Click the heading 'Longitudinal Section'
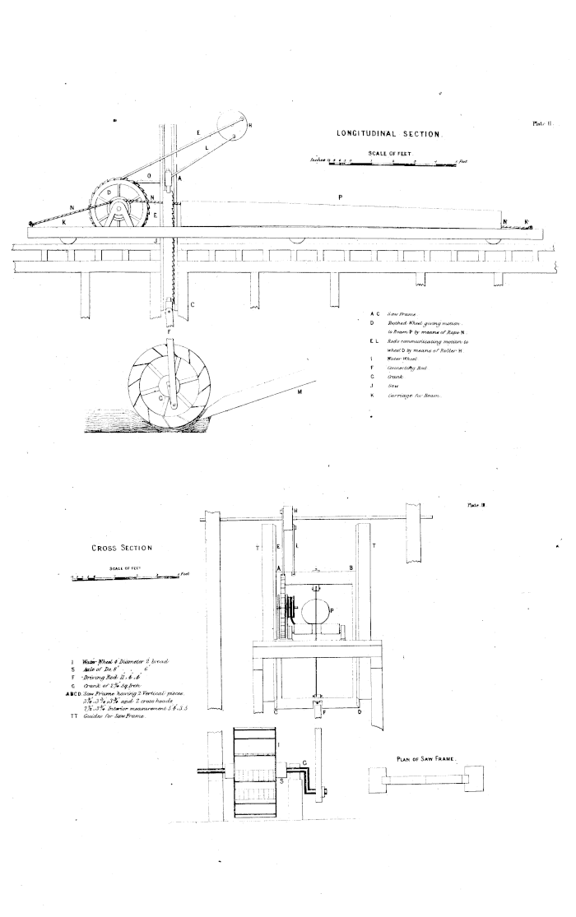tap(390, 132)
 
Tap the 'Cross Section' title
tap(122, 546)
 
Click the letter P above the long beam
tap(340, 197)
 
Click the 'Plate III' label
tap(477, 505)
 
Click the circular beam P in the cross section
tap(316, 613)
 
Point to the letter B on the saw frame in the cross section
tap(351, 567)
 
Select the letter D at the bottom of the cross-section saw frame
tap(360, 712)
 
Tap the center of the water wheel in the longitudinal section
tap(168, 383)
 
